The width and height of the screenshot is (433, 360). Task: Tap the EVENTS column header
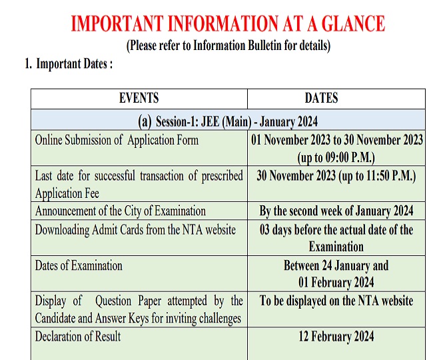(x=139, y=98)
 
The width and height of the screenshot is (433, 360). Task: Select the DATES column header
(x=321, y=98)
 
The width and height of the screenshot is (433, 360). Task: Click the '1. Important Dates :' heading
(x=69, y=65)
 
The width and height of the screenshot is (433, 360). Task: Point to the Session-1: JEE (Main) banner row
(x=228, y=121)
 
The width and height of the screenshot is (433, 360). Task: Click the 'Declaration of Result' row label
(x=78, y=336)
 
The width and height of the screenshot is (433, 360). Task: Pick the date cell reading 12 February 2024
(x=336, y=336)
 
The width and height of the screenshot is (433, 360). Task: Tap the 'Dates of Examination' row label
(x=79, y=265)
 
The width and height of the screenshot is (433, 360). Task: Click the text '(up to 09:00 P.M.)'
(x=336, y=158)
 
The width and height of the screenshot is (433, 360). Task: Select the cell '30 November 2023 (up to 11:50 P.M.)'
(x=336, y=176)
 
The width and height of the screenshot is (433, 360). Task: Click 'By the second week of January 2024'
(x=336, y=211)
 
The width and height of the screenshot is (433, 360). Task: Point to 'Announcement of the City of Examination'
(x=121, y=211)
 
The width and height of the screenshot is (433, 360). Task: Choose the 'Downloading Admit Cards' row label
(x=135, y=230)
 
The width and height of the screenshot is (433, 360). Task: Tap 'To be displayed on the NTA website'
(x=336, y=301)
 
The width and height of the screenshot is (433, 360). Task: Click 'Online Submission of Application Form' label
(x=117, y=141)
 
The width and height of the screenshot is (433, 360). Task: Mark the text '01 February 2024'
(x=336, y=282)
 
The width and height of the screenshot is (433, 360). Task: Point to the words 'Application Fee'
(x=67, y=193)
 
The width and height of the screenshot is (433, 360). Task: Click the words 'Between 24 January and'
(x=336, y=265)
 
